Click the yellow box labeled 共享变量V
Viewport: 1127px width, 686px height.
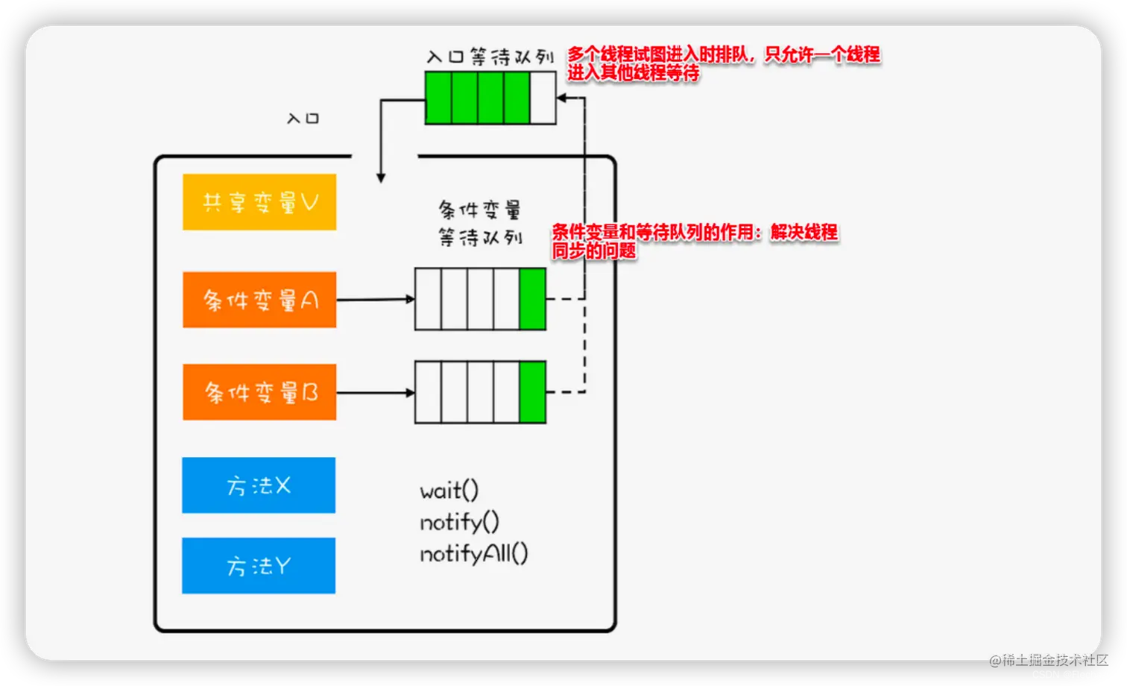pos(259,202)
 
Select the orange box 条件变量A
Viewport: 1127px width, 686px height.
pos(259,300)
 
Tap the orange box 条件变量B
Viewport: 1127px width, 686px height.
pos(259,392)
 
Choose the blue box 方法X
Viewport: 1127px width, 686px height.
pos(259,485)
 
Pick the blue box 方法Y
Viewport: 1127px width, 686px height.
pos(259,566)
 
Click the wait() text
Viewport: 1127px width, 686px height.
pos(449,491)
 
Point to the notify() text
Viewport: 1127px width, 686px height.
pos(459,522)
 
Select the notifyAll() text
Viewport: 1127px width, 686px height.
pos(473,553)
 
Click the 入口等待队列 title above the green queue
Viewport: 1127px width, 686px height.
pos(490,57)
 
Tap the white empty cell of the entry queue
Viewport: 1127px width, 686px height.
pos(543,98)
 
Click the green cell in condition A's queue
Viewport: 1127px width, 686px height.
pos(532,299)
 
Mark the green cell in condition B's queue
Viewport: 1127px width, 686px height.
pos(532,392)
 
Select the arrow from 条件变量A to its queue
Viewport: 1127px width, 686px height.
pos(375,300)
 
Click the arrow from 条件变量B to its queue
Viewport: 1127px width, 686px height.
pos(375,392)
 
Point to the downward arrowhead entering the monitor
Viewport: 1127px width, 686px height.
pos(381,177)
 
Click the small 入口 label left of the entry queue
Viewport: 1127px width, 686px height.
pos(303,119)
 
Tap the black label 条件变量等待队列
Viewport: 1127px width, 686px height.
pos(480,223)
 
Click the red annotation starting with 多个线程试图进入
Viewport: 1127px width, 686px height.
pos(723,63)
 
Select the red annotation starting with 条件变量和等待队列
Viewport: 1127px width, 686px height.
pos(695,241)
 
